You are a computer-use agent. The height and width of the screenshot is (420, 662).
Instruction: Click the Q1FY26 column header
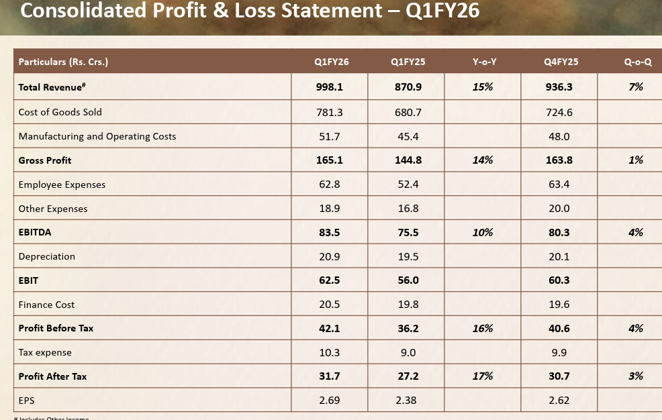pyautogui.click(x=331, y=62)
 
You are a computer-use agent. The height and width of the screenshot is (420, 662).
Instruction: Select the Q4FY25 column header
pyautogui.click(x=561, y=62)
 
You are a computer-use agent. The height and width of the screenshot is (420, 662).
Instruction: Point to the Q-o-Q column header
pyautogui.click(x=637, y=62)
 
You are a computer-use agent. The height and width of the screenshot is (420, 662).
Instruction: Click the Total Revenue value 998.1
pyautogui.click(x=330, y=87)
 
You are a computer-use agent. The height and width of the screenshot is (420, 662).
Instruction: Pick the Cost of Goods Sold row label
pyautogui.click(x=60, y=112)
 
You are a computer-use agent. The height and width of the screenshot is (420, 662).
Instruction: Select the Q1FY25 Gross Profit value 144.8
pyautogui.click(x=408, y=160)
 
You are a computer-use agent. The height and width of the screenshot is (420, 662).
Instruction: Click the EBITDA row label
pyautogui.click(x=35, y=232)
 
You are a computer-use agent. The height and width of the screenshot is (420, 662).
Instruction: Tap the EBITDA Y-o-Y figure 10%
pyautogui.click(x=483, y=232)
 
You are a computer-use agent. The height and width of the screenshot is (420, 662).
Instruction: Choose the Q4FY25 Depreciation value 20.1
pyautogui.click(x=559, y=256)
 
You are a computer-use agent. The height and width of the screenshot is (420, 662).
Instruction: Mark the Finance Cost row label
pyautogui.click(x=47, y=305)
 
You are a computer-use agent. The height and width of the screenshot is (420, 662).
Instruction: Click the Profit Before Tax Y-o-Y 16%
pyautogui.click(x=483, y=328)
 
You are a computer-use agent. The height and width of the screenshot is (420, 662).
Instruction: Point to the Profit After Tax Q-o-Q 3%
pyautogui.click(x=636, y=376)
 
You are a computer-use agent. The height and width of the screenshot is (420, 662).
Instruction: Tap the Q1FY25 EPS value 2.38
pyautogui.click(x=407, y=401)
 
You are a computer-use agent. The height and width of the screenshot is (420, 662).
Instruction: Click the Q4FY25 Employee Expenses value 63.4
pyautogui.click(x=559, y=185)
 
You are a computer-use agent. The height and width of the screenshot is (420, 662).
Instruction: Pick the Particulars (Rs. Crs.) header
pyautogui.click(x=64, y=62)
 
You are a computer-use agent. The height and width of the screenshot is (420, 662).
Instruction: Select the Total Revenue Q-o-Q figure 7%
pyautogui.click(x=636, y=87)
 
